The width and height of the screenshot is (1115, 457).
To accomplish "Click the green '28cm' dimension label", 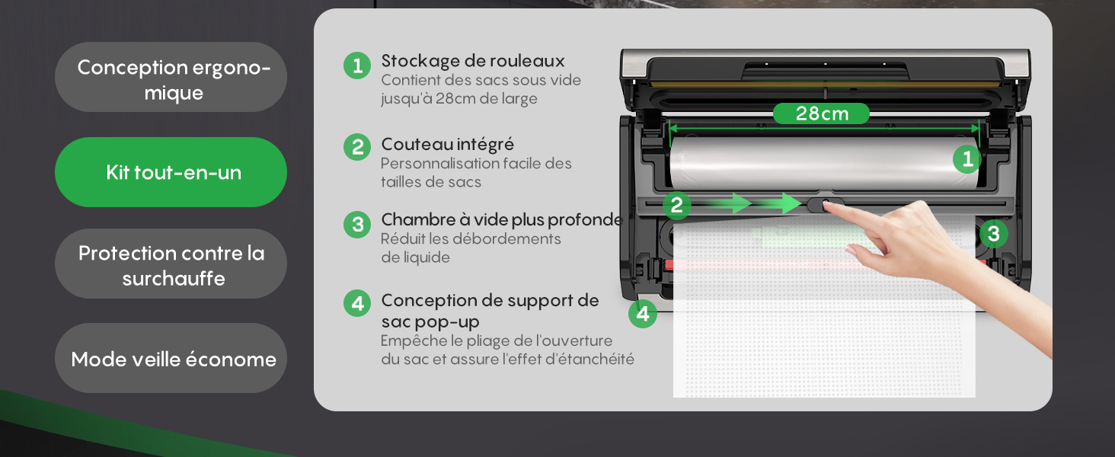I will tap(821, 113).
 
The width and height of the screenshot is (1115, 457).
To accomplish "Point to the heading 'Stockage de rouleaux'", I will tap(472, 61).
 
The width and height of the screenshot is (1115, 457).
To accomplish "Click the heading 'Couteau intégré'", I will tap(447, 144).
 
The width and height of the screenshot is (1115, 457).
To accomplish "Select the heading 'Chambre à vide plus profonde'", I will tap(501, 220).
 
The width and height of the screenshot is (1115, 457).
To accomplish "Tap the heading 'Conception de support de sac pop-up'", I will tap(490, 311).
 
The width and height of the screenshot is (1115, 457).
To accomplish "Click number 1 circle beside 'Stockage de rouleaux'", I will tap(356, 66).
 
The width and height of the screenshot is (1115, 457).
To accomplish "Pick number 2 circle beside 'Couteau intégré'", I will tap(356, 147).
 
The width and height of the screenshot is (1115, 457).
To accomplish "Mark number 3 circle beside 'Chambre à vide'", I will tap(356, 225).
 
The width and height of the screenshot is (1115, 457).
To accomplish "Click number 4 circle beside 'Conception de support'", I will tap(356, 304).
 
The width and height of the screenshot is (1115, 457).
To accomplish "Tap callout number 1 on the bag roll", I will tap(967, 159).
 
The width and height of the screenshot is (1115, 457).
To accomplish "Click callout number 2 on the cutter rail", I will tap(676, 204).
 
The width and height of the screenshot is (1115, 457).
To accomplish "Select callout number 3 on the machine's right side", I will tap(993, 233).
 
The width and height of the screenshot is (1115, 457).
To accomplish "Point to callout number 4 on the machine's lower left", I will tap(643, 314).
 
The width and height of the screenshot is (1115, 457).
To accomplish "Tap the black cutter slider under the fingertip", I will tap(823, 204).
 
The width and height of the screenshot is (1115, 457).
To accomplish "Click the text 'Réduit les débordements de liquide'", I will tap(470, 248).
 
